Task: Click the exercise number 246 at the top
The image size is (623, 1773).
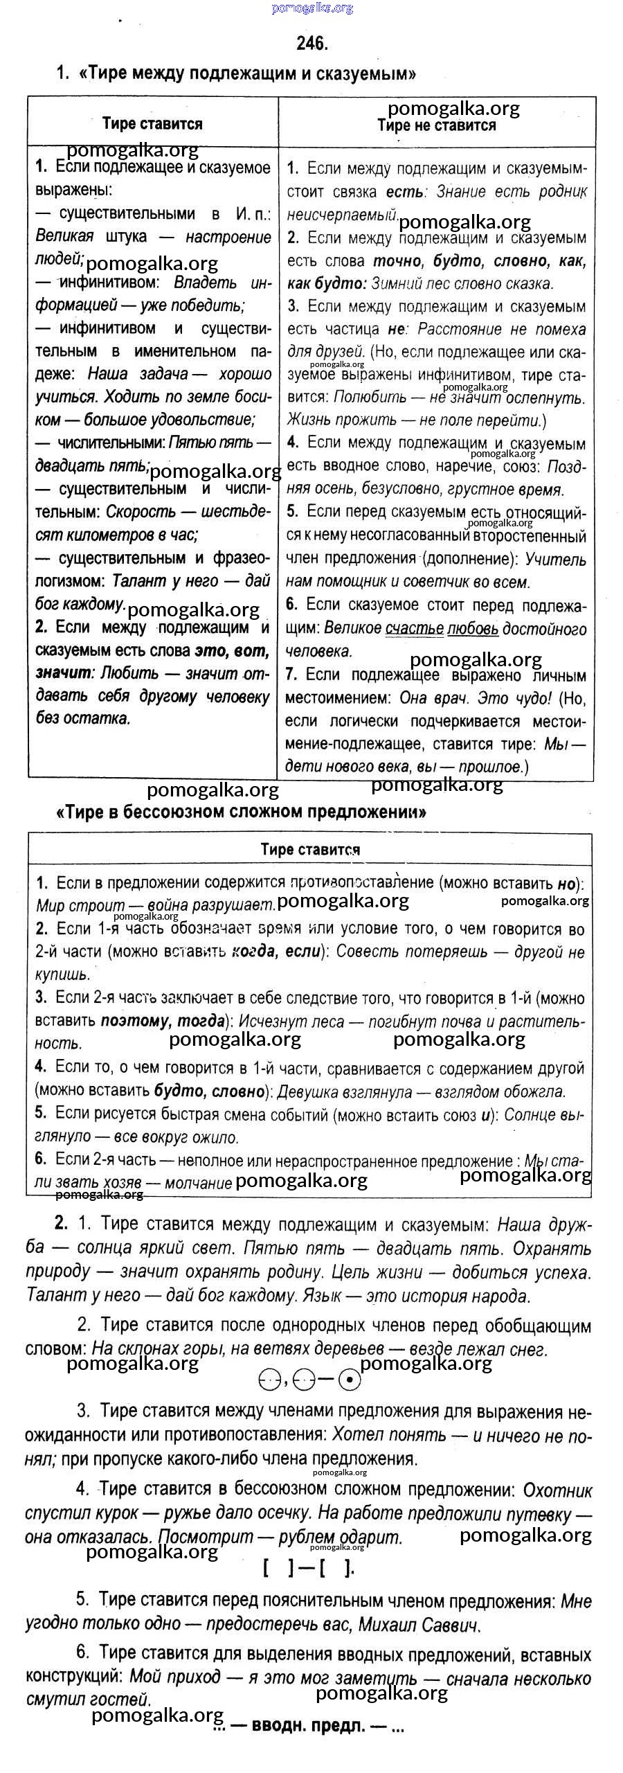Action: click(x=311, y=44)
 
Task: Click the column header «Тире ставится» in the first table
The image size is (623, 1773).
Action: click(x=152, y=124)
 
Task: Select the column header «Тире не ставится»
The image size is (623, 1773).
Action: click(x=436, y=125)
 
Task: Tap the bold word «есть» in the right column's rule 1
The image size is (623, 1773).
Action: click(x=404, y=192)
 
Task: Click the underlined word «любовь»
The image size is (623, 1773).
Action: click(x=473, y=629)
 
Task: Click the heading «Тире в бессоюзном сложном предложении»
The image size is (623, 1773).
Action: click(x=241, y=812)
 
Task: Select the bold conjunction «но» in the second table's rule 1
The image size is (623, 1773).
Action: click(x=566, y=884)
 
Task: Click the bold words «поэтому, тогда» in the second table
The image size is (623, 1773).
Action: click(x=163, y=1021)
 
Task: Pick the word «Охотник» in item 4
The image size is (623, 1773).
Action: click(x=557, y=1490)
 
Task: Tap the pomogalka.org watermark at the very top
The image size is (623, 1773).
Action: click(x=312, y=8)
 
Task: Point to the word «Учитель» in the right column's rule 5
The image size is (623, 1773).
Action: click(x=555, y=559)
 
